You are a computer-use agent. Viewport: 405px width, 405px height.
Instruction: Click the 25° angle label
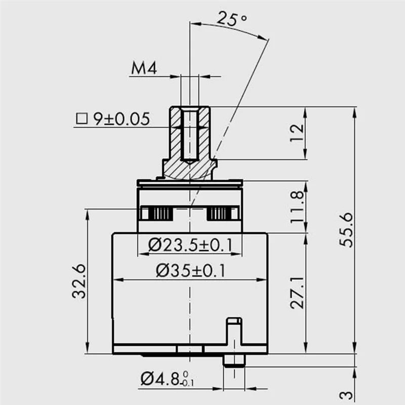click(232, 20)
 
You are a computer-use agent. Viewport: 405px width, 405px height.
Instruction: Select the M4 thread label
click(143, 68)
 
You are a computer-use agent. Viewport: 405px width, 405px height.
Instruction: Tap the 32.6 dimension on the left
click(79, 281)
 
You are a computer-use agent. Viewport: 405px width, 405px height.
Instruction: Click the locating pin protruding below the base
click(234, 359)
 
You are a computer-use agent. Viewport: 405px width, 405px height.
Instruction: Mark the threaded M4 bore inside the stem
click(189, 134)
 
